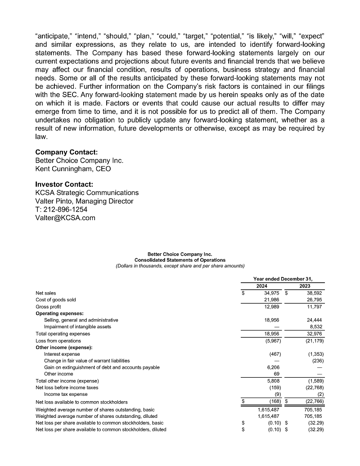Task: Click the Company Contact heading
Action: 66,152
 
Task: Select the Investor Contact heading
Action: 64,184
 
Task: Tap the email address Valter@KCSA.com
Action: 65,218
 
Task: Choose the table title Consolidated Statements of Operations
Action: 180,260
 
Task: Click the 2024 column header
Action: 261,286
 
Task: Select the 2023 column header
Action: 305,286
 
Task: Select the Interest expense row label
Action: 63,354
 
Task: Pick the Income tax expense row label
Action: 65,394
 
